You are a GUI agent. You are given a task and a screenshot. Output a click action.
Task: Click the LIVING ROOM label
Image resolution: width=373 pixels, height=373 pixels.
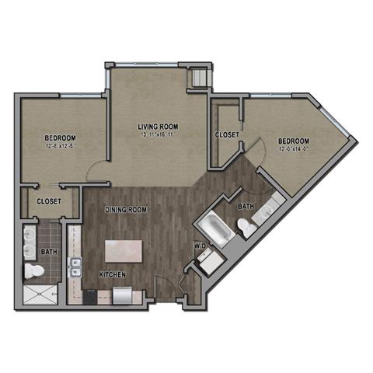tap(159, 126)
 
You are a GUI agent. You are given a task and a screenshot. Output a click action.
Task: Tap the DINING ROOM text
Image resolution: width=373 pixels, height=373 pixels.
tap(126, 209)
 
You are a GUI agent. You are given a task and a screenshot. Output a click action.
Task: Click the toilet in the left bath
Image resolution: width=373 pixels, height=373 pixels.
tap(34, 271)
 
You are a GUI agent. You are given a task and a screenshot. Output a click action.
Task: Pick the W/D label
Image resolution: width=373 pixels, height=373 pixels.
tap(200, 246)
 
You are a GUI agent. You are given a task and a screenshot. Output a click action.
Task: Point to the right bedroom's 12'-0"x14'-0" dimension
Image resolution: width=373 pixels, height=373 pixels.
tap(295, 152)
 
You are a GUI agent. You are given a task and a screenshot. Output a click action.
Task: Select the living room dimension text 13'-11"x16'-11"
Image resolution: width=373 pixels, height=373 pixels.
tap(159, 135)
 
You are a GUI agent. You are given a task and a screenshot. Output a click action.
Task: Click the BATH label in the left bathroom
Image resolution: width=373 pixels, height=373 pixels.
tap(49, 252)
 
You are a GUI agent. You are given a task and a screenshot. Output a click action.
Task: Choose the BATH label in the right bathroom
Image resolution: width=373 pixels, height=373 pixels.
tap(246, 206)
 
